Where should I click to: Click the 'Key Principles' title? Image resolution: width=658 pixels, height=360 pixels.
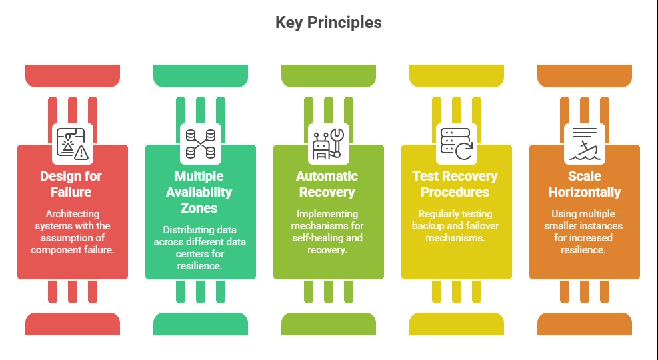click(x=329, y=23)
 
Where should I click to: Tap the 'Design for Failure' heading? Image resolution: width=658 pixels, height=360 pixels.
click(x=72, y=184)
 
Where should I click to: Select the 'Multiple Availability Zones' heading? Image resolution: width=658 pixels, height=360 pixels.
click(x=200, y=192)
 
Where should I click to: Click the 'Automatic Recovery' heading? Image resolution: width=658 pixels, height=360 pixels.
click(x=327, y=184)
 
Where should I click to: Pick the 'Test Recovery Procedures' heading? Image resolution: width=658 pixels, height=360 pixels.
click(x=455, y=184)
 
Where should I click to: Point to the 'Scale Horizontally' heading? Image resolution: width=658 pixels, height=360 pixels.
click(x=584, y=184)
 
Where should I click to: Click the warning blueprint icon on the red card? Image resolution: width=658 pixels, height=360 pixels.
click(x=72, y=143)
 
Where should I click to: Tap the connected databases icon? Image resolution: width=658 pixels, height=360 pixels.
click(x=200, y=143)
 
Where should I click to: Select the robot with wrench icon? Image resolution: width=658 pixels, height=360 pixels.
click(x=327, y=143)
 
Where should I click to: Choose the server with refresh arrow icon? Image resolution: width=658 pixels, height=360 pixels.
click(x=456, y=143)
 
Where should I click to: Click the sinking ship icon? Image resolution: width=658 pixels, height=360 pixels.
click(x=584, y=143)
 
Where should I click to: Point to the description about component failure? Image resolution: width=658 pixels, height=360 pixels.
click(x=72, y=231)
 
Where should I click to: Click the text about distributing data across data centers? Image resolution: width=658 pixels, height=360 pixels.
click(x=200, y=247)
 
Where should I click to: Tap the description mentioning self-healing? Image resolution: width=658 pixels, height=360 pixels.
click(x=327, y=231)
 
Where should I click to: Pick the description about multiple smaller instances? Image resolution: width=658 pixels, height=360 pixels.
click(x=584, y=231)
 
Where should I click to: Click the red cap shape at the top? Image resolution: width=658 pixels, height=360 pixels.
click(x=72, y=75)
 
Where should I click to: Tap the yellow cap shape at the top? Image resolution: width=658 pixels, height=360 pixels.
click(x=456, y=75)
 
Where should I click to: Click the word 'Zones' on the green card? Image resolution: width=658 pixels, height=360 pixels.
click(x=200, y=208)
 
